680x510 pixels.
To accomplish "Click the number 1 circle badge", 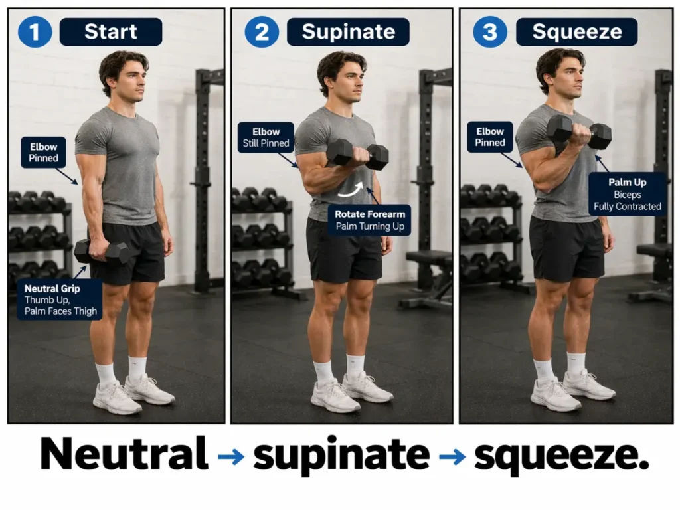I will (35, 32).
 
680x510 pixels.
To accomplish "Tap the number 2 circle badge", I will (262, 32).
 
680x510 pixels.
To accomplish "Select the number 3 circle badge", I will (489, 32).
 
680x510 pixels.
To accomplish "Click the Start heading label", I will (110, 32).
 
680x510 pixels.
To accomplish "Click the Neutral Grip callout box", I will (60, 299).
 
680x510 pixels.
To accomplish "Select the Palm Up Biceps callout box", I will (627, 194).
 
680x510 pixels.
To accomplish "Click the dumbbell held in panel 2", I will (357, 154).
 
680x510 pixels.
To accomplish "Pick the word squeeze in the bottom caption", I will (561, 456).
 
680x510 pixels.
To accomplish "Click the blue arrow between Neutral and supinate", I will (230, 456).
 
